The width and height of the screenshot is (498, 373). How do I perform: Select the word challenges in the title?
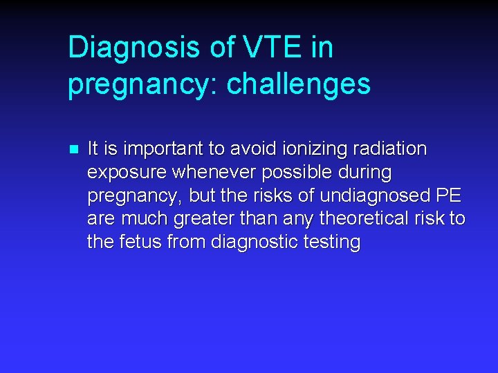(299, 85)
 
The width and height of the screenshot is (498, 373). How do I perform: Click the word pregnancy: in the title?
(142, 85)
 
